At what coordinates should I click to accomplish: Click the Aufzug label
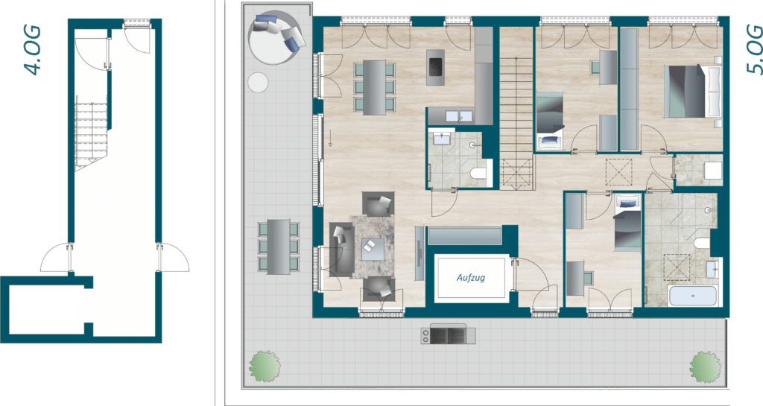coord(471,278)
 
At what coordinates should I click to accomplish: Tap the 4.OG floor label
coord(33,51)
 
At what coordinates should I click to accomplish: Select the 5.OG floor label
coord(754,50)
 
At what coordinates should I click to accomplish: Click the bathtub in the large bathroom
coord(692,296)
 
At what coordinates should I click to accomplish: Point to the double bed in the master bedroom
coord(692,91)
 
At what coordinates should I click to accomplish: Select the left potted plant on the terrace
coord(265,365)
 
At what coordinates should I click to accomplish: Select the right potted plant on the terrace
coord(705,366)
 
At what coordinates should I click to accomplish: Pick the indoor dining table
coord(374,87)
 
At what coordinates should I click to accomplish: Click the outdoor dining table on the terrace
coord(279,247)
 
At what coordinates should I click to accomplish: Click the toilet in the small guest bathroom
coord(479,174)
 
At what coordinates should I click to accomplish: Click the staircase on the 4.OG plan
coord(91,133)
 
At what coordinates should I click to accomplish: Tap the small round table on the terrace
coord(258,82)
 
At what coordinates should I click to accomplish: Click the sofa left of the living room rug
coord(341,250)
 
